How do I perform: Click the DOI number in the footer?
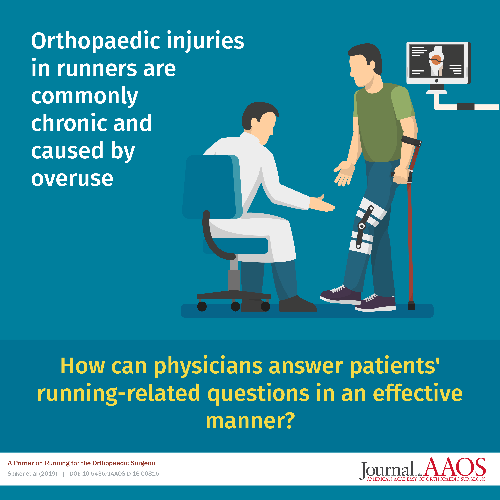pos(114,474)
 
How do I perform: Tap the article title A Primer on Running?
pos(81,463)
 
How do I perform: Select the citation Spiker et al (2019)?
pos(32,474)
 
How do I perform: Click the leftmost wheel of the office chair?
pos(202,306)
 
